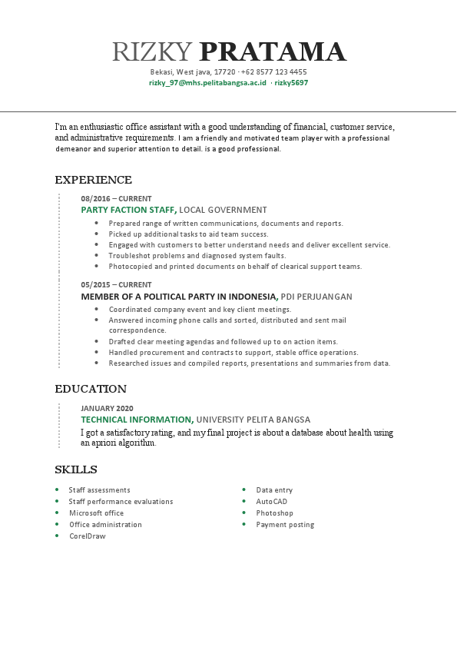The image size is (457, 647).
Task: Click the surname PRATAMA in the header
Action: pos(273,51)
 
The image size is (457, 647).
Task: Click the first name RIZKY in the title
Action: pos(151,51)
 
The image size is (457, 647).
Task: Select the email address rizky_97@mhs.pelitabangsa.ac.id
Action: pos(207,82)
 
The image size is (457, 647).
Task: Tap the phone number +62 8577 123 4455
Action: pos(274,71)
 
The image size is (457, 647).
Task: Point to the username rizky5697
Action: pos(291,82)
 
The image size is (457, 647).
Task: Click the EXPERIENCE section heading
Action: pos(93,180)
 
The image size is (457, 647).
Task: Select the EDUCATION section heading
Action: pos(91,389)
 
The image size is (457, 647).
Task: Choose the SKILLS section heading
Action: pos(75,469)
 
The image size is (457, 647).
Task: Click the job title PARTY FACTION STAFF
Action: pos(127,210)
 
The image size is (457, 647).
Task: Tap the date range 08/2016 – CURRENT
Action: pos(116,198)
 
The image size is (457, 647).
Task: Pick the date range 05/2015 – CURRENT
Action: pos(116,284)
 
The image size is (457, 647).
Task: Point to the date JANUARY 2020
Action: pos(107,408)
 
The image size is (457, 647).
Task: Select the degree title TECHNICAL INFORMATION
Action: pos(136,420)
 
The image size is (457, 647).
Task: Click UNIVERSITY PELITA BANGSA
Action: pos(253,420)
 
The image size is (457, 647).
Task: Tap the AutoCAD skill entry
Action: pos(271,501)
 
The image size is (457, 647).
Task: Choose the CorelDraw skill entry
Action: pos(87,536)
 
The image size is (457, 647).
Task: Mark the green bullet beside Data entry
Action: pos(244,489)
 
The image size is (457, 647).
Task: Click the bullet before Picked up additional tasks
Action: pos(96,234)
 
